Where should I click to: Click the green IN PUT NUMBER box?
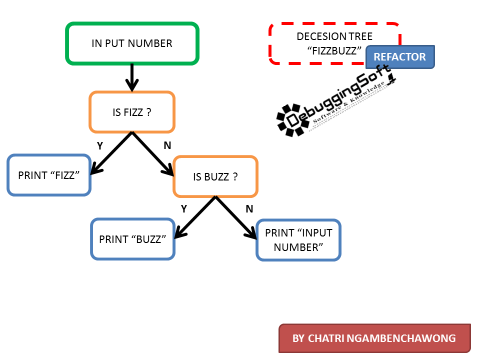pos(132,43)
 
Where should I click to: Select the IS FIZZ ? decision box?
pos(132,112)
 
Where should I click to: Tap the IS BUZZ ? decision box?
pos(215,176)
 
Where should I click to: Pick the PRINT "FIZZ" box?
pos(49,175)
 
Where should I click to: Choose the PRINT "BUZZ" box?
pos(132,239)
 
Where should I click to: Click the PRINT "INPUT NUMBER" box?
pos(298,240)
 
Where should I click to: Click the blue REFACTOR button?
pos(400,57)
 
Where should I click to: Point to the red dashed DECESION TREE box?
pos(320,43)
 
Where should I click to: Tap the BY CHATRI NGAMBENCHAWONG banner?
pos(374,338)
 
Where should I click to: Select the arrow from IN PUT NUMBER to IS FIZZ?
pos(132,77)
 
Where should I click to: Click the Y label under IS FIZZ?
pos(100,145)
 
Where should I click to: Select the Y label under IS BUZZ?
pos(183,209)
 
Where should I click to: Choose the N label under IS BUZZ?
pos(249,209)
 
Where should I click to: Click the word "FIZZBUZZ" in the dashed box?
pos(334,51)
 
